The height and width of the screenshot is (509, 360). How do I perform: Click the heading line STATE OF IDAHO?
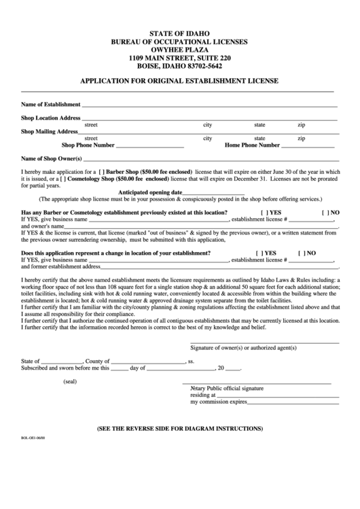[x=179, y=33]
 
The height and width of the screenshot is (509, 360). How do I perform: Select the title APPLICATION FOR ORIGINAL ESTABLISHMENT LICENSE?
[x=179, y=80]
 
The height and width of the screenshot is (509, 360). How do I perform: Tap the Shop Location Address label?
[x=51, y=118]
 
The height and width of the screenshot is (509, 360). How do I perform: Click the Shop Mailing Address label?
[x=50, y=132]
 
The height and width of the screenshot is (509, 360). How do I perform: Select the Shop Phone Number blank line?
[x=150, y=146]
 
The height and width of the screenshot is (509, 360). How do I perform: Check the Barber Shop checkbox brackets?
[x=102, y=172]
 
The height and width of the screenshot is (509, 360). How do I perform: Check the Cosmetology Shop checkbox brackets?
[x=81, y=179]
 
